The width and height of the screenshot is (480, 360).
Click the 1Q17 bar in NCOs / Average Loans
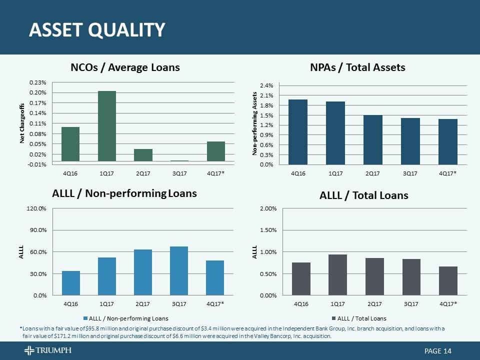pyautogui.click(x=107, y=126)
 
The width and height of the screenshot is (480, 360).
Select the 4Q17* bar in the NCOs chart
pyautogui.click(x=216, y=151)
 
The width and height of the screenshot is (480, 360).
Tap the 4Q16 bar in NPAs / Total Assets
pyautogui.click(x=298, y=132)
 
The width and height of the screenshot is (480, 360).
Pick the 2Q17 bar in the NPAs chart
pyautogui.click(x=373, y=140)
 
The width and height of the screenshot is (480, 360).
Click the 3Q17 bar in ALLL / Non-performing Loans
pyautogui.click(x=179, y=271)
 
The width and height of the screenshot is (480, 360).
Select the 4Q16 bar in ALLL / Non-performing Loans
pyautogui.click(x=71, y=283)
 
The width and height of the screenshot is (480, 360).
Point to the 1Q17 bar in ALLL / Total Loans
pyautogui.click(x=337, y=275)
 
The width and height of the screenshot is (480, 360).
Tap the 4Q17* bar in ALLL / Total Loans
pyautogui.click(x=448, y=281)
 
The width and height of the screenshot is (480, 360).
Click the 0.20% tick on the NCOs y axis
pyautogui.click(x=38, y=93)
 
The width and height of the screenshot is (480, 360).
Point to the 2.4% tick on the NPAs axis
pyautogui.click(x=266, y=85)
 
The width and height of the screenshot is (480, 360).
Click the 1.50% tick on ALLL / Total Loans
pyautogui.click(x=268, y=230)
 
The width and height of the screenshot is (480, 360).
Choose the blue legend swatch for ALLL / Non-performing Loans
pyautogui.click(x=85, y=318)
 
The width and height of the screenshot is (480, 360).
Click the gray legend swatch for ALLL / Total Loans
pyautogui.click(x=333, y=318)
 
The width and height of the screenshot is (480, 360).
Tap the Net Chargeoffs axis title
pyautogui.click(x=21, y=123)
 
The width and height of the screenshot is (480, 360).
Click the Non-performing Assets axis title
pyautogui.click(x=254, y=123)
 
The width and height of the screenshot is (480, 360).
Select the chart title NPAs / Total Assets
pyautogui.click(x=357, y=67)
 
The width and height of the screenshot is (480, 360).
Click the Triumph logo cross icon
pyautogui.click(x=29, y=350)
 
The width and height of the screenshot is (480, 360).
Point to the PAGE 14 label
pyautogui.click(x=438, y=351)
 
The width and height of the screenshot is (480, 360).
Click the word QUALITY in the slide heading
pyautogui.click(x=126, y=30)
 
